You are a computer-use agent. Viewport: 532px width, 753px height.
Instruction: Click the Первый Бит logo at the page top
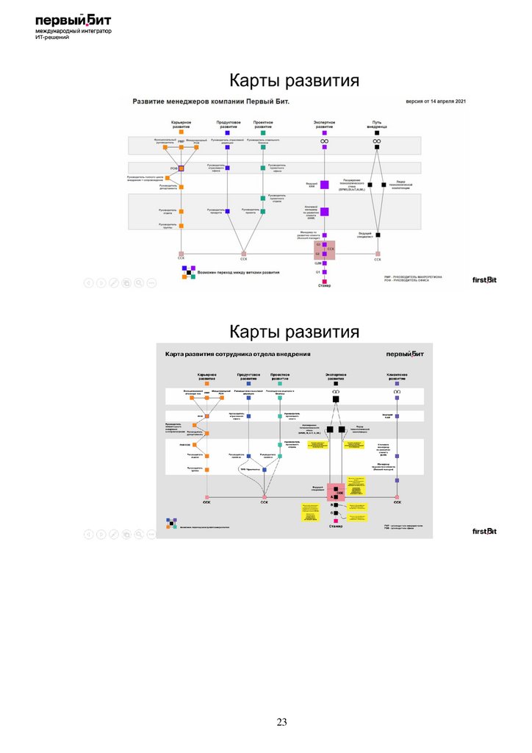(73, 22)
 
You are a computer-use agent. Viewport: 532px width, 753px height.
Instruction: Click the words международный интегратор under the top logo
(73, 32)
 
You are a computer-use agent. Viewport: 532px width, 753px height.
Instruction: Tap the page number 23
(281, 723)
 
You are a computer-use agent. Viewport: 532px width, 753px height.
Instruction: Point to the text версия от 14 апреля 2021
(436, 101)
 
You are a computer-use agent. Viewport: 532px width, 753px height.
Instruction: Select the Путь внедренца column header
(377, 124)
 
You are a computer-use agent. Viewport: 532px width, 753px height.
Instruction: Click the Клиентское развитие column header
(397, 376)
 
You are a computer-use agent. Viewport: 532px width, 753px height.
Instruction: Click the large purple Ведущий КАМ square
(324, 185)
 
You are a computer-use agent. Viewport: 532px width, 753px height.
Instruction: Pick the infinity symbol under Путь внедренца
(377, 140)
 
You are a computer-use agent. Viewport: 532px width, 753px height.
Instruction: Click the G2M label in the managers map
(318, 263)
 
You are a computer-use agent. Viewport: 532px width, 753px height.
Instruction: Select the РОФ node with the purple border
(181, 168)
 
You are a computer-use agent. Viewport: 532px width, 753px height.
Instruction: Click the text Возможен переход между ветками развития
(239, 272)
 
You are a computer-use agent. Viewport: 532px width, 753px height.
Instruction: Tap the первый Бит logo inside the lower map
(407, 354)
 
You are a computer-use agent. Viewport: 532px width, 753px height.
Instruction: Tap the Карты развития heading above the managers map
(294, 80)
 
